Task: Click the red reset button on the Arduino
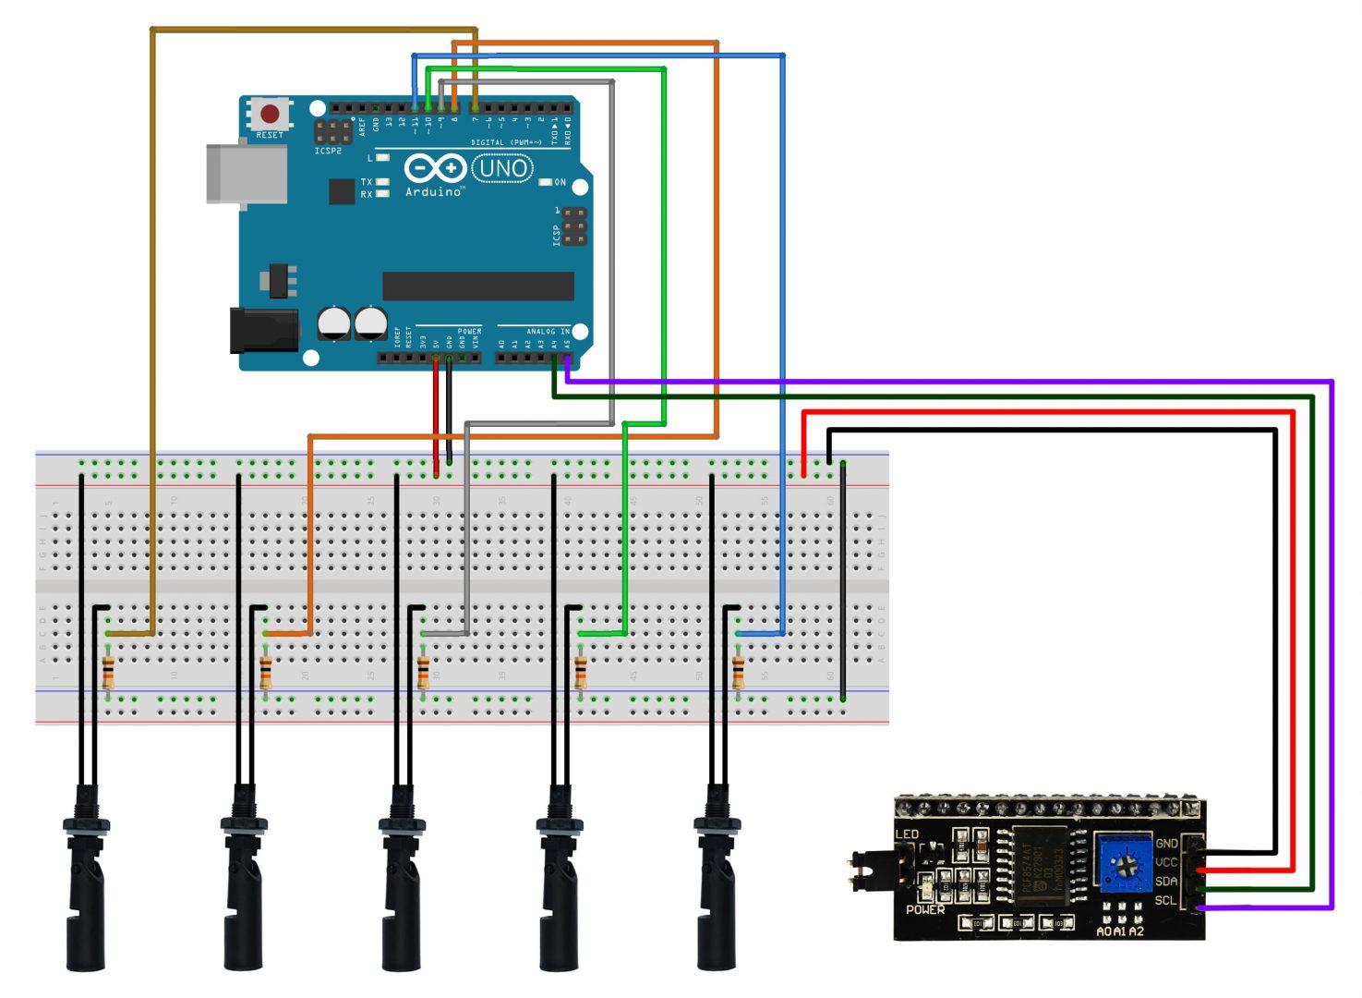click(270, 114)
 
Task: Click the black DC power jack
click(263, 331)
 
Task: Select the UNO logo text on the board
click(503, 168)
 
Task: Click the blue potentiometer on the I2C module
click(1125, 865)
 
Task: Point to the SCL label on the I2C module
click(1165, 900)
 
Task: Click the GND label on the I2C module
click(1166, 843)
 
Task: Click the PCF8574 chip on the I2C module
click(1040, 865)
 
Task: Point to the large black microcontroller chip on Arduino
click(477, 286)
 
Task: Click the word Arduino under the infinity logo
click(433, 191)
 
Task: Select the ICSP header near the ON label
click(573, 226)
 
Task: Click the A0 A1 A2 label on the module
click(1119, 931)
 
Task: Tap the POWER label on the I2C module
click(924, 910)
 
